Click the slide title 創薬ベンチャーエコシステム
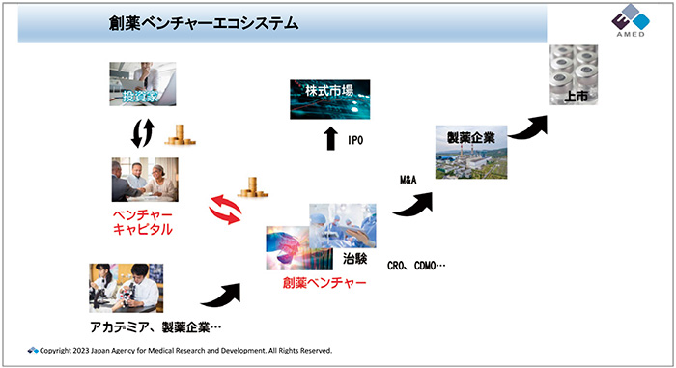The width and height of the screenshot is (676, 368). [203, 21]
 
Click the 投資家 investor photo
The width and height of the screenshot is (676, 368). [143, 88]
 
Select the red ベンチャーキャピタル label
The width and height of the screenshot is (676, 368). [142, 221]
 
